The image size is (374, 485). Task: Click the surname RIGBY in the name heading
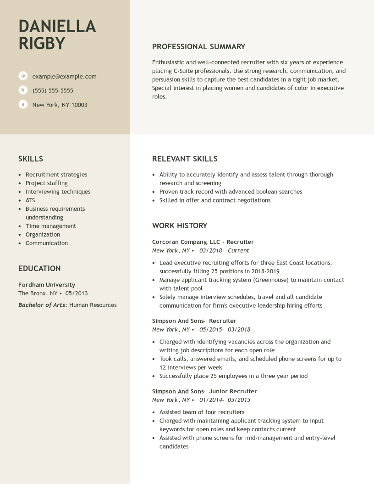[x=42, y=43]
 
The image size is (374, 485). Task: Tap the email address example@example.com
[x=64, y=76]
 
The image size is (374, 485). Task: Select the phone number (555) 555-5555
[x=53, y=90]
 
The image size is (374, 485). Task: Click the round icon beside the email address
[x=23, y=76]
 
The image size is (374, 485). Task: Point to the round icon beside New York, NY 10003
[x=23, y=104]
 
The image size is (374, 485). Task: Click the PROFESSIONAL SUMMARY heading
[x=198, y=46]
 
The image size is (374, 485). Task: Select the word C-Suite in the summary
[x=183, y=71]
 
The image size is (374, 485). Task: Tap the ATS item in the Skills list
[x=30, y=200]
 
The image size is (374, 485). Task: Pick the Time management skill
[x=51, y=226]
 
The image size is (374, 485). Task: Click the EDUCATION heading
[x=39, y=268]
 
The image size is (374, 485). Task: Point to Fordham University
[x=47, y=285]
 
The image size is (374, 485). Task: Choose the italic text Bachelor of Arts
[x=42, y=305]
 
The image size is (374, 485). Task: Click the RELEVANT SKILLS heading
[x=185, y=159]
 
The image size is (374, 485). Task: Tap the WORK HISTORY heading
[x=180, y=226]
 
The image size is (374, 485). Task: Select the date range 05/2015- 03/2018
[x=225, y=329]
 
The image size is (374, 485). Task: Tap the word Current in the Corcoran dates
[x=238, y=250]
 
